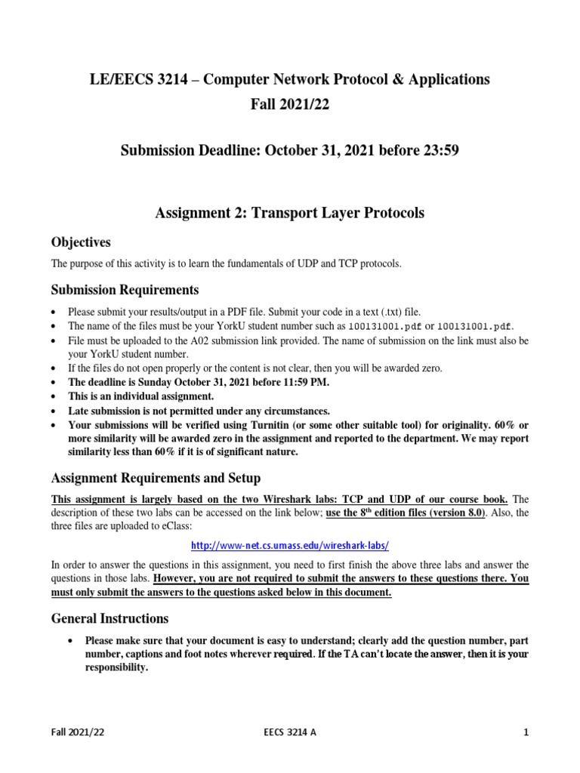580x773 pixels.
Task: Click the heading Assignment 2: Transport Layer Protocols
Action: coord(289,213)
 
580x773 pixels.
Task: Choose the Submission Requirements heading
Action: coord(125,290)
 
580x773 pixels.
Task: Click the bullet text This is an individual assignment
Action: coord(141,396)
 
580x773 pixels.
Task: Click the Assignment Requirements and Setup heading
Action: coord(155,478)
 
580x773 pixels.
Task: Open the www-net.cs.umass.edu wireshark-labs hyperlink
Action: coord(289,544)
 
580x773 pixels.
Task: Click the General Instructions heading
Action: coord(110,618)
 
